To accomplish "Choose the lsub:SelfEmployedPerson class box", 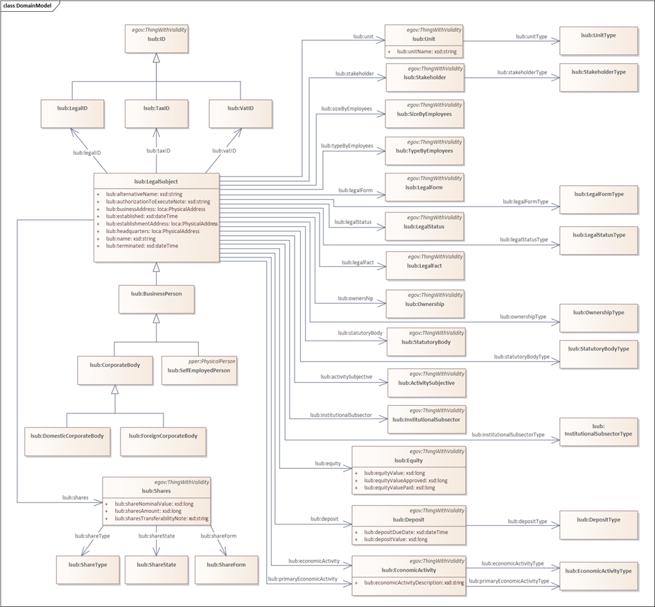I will (x=198, y=370).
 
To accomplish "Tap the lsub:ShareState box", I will (x=156, y=570).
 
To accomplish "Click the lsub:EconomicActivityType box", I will (x=599, y=576).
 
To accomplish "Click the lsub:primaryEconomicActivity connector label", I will (x=302, y=579).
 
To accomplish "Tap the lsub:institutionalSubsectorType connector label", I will (x=508, y=435).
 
